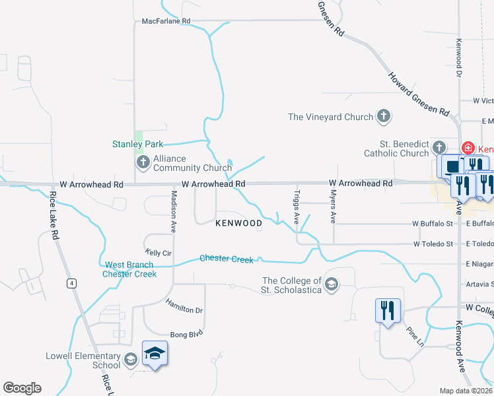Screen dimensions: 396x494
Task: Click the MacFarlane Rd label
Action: (166, 21)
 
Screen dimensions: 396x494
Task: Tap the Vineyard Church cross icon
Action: (383, 117)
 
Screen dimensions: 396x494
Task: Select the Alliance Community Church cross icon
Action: (142, 162)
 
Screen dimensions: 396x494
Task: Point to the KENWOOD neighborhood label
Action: (239, 224)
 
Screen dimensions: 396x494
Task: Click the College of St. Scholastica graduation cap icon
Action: (332, 285)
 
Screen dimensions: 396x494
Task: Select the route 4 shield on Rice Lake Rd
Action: (69, 283)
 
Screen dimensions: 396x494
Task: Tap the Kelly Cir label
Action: (158, 253)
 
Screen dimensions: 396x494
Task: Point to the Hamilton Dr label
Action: (184, 306)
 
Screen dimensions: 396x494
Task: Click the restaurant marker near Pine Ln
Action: (386, 311)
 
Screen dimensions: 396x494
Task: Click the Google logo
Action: (22, 388)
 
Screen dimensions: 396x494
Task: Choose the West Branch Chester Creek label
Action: (130, 269)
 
